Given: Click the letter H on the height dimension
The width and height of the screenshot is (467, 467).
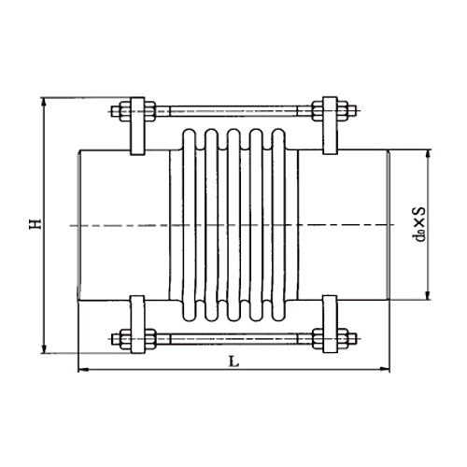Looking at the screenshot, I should pos(34,224).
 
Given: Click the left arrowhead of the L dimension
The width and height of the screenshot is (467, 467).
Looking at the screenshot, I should pos(80,371).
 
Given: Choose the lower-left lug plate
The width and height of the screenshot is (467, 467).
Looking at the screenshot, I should pos(136,325).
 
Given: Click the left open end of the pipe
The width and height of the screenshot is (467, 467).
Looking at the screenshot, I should pos(78,224).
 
